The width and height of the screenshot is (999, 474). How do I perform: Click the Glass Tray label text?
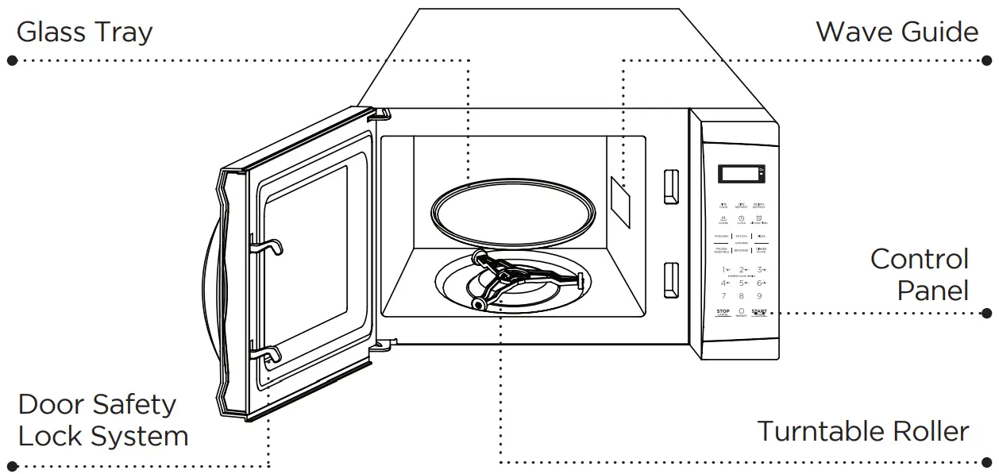point(84,33)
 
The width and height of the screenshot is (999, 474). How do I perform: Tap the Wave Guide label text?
point(897,32)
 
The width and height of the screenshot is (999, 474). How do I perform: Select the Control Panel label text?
point(920,275)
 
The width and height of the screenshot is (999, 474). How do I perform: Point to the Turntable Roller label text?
point(862,431)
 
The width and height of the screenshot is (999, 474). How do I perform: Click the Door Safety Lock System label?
point(102,420)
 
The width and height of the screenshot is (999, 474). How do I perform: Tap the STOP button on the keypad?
point(723,311)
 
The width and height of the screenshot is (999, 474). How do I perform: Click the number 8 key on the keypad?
point(741,296)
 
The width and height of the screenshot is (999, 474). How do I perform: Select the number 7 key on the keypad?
point(723,296)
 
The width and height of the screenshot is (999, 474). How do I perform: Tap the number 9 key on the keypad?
point(759,296)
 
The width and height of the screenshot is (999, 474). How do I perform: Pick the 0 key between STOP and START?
point(741,311)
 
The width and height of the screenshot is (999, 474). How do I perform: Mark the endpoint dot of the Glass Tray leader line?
point(11,60)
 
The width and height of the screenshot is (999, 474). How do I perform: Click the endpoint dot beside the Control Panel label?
point(987,313)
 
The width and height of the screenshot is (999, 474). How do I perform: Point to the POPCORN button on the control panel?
point(722,237)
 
